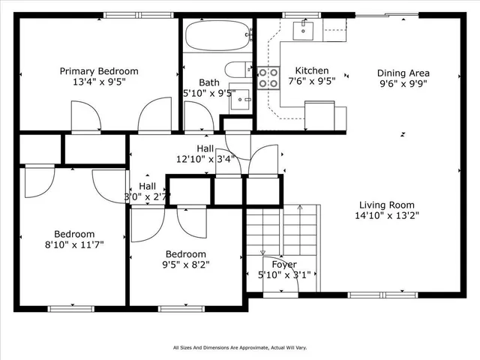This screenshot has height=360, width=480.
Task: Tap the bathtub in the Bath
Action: coord(217,34)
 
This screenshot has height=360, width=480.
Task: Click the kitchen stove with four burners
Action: coord(268,78)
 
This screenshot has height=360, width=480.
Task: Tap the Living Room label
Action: coord(386,205)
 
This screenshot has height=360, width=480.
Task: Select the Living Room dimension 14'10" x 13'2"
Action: coord(386,216)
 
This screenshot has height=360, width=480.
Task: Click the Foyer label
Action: coord(284,264)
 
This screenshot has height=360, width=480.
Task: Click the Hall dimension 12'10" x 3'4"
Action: coord(206,159)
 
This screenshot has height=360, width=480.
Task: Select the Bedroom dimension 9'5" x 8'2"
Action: coord(186,265)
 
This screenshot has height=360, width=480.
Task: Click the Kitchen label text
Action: coord(311,71)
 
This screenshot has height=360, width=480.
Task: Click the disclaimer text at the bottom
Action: coord(240,348)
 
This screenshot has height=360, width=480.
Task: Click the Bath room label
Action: coord(208,82)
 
